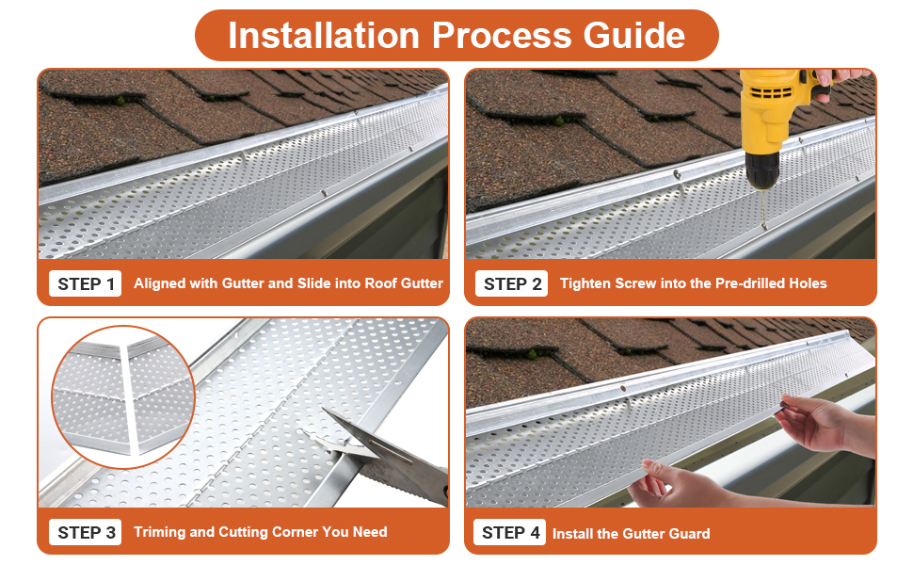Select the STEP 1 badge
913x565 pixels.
pyautogui.click(x=86, y=283)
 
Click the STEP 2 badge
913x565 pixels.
pyautogui.click(x=512, y=283)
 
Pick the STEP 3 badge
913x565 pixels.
pyautogui.click(x=86, y=532)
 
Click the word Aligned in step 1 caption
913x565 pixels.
pyautogui.click(x=161, y=283)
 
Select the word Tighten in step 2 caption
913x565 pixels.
pyautogui.click(x=588, y=283)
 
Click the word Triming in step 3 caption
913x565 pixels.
pyautogui.click(x=160, y=532)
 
